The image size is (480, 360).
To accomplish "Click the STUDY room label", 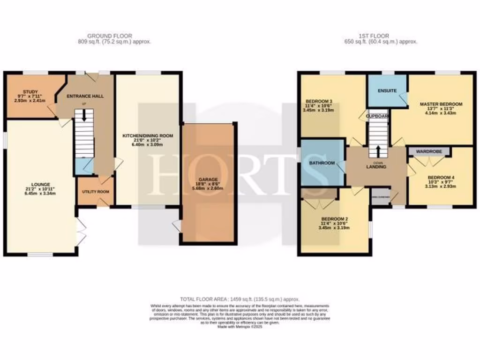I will [30, 92].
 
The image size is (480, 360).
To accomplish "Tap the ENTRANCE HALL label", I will [85, 96].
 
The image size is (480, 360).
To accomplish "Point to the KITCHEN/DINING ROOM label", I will [148, 135].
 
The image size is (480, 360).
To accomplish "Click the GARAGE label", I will [207, 179].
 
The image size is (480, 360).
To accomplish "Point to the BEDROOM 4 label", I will [439, 177].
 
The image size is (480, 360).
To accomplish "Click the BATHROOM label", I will [322, 163].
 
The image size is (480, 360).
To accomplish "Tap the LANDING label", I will [376, 166].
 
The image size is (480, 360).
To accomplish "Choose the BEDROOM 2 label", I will [335, 219].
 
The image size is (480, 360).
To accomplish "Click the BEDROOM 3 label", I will [319, 101].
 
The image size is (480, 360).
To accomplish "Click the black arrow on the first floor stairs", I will [378, 151].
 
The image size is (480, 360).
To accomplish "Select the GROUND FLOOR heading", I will [109, 36].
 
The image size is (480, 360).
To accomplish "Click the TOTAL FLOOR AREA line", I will [240, 299].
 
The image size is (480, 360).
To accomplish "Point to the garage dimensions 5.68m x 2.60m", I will [207, 188].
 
